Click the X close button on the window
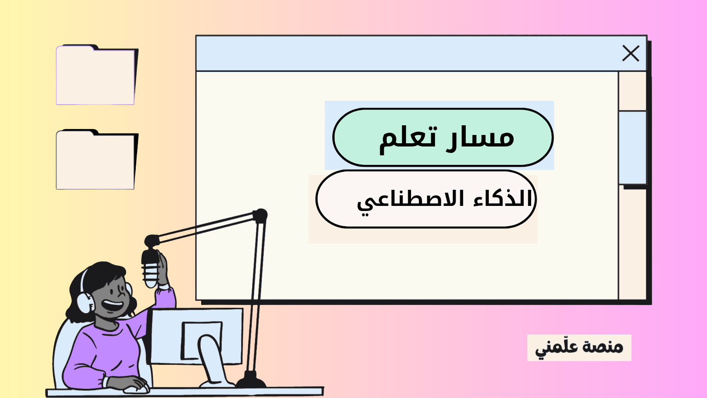point(631,53)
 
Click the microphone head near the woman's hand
point(150,269)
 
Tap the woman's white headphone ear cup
point(85,302)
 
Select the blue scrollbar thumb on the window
point(632,147)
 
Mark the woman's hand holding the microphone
point(163,269)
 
